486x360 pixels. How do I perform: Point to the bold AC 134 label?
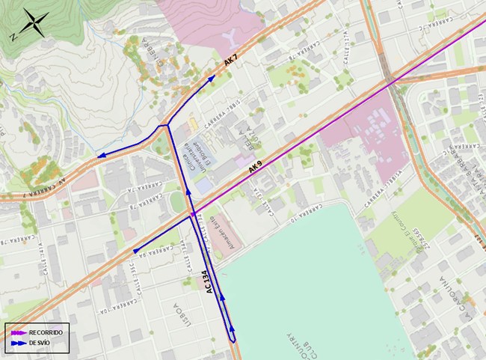tap(210, 284)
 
